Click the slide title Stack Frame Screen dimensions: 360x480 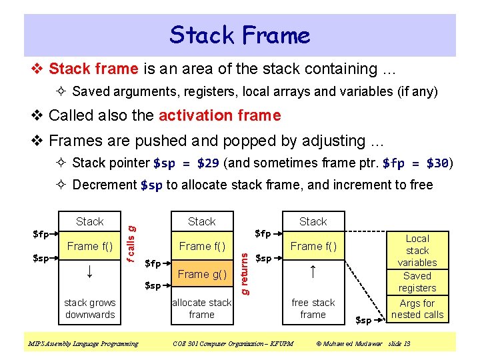click(240, 35)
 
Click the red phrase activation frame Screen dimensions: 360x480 click(219, 115)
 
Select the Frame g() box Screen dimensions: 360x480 click(201, 274)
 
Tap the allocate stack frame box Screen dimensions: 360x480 click(201, 309)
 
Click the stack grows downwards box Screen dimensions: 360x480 click(90, 309)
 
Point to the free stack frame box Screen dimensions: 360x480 click(313, 309)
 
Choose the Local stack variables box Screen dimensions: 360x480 click(417, 250)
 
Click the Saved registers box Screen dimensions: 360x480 click(417, 282)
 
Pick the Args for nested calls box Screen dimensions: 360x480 click(417, 309)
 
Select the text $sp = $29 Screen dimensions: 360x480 click(186, 163)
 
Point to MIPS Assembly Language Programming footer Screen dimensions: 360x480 click(83, 344)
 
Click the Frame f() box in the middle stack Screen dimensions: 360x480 click(201, 246)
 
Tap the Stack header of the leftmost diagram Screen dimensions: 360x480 click(90, 221)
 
